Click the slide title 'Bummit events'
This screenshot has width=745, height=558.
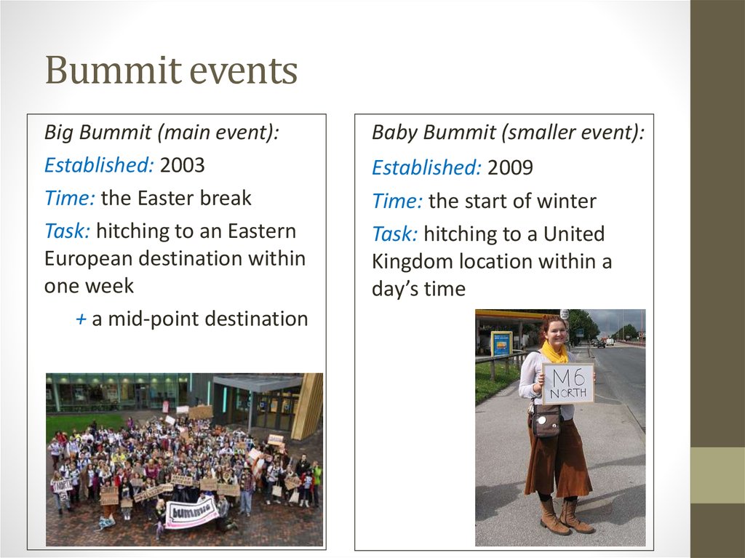point(171,71)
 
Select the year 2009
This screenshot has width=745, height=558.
point(510,168)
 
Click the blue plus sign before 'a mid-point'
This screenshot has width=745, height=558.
point(81,319)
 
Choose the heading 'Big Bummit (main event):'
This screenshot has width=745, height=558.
point(162,132)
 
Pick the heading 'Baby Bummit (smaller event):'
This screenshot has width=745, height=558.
point(508,132)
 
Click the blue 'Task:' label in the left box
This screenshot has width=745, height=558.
point(67,231)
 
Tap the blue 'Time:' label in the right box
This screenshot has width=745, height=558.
point(397,201)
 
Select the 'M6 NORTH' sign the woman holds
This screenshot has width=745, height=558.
point(567,383)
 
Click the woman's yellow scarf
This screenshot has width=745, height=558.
point(554,353)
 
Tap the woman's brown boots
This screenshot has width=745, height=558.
point(565,516)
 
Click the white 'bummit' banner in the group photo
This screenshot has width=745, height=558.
point(191,511)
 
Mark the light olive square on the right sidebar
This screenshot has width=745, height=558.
point(717,474)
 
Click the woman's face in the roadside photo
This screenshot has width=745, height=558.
point(555,332)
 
